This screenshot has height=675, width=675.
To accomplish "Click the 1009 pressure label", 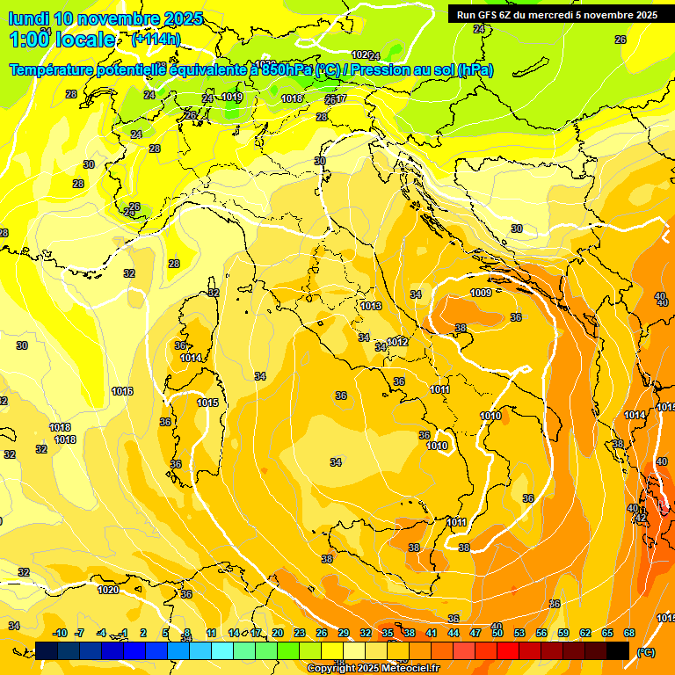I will [481, 293].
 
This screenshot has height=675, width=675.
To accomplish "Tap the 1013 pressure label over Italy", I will [371, 306].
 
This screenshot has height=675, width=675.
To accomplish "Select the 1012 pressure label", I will [397, 342].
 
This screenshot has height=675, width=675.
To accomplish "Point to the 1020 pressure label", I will [108, 590].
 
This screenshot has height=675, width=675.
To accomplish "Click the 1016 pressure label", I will [122, 391].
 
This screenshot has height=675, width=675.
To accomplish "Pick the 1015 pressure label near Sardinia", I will [207, 403].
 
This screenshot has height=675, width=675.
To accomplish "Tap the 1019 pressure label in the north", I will [232, 98].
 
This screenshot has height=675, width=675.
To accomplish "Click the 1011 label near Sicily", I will [456, 522].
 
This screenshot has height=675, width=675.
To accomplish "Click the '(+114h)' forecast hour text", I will [156, 40].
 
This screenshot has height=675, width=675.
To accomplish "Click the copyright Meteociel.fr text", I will [374, 669].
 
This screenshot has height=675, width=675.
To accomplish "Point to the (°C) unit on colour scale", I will [645, 652].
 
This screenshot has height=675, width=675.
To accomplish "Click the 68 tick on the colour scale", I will [629, 633].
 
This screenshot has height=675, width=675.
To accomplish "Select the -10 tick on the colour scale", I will [61, 633].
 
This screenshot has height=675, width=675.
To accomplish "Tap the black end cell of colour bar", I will [618, 651].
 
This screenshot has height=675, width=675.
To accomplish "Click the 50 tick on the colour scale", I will [497, 633].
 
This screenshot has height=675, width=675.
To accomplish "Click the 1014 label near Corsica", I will [192, 358].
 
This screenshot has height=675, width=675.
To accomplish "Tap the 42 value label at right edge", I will [641, 519].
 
